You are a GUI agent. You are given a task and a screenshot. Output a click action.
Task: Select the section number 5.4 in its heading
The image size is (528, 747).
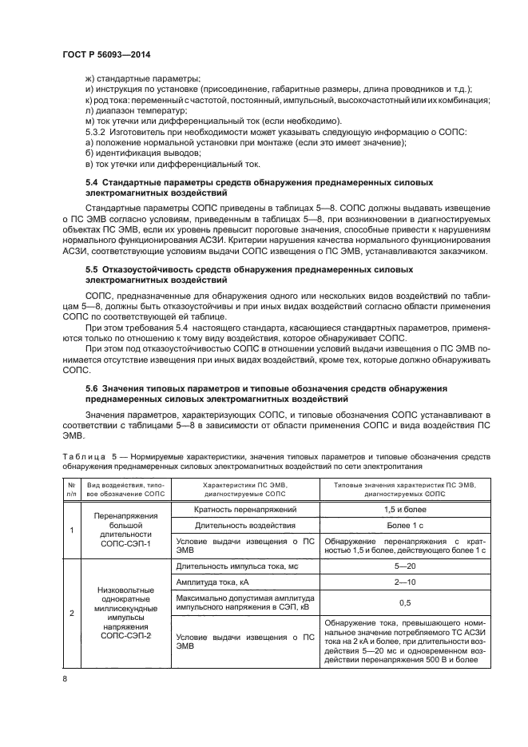pos(93,183)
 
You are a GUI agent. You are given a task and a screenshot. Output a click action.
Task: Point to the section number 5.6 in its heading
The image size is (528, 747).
pos(93,387)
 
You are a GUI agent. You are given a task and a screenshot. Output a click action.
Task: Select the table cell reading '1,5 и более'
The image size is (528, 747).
pos(403,509)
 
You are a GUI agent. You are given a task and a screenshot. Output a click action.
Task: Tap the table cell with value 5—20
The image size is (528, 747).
pos(403,565)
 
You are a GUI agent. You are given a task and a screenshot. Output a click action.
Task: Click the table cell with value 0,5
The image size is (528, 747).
pos(403,602)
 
